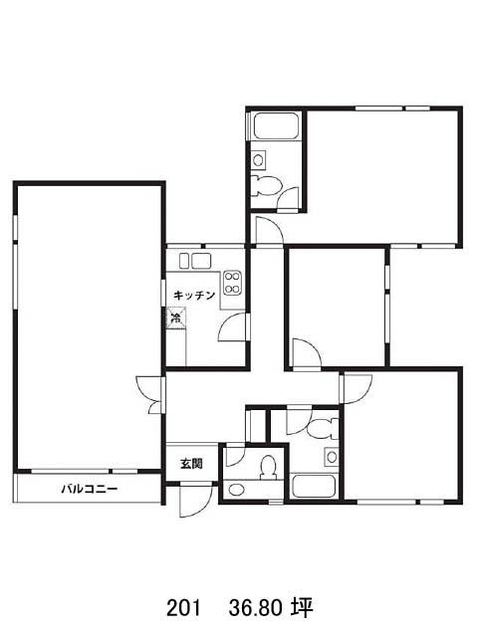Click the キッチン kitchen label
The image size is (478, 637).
coord(194,296)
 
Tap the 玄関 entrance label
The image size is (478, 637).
coord(191,464)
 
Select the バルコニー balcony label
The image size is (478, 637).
coord(90,489)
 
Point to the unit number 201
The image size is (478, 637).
coord(183,608)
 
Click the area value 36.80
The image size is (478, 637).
coord(256,608)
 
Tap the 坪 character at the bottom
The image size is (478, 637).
coord(302,608)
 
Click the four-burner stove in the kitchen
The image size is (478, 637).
coord(232,283)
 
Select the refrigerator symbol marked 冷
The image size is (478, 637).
coord(176,318)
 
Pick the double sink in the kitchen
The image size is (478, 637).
coord(195,261)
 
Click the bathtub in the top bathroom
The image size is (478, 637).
coord(277,126)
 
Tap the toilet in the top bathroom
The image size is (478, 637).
coord(267,186)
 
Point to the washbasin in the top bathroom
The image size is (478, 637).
coord(258,159)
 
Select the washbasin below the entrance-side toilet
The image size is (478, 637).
coord(235,490)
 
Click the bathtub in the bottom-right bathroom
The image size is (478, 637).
coord(314,486)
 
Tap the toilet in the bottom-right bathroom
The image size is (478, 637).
coord(323,429)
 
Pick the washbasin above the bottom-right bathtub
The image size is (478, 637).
coord(332,457)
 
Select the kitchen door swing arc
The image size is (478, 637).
coord(232,327)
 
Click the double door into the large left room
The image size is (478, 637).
coord(150,394)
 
